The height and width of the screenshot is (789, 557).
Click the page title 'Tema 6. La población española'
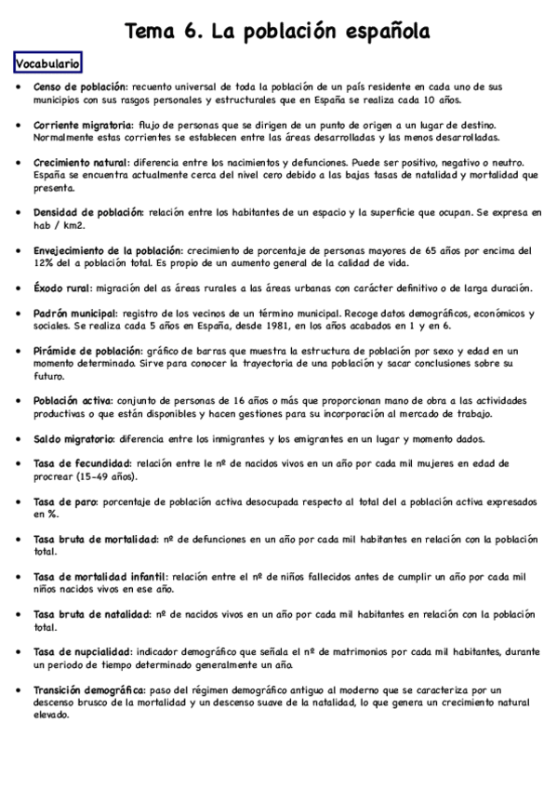(x=277, y=33)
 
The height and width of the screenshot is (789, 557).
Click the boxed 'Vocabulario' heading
(x=47, y=63)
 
